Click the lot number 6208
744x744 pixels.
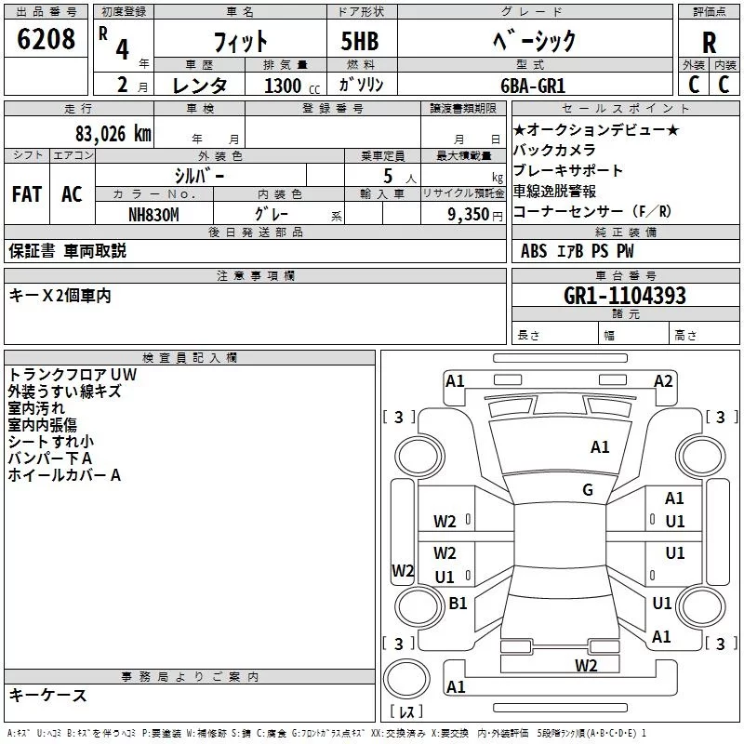click(46, 40)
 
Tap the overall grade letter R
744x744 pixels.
click(709, 43)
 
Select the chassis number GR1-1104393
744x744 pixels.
click(625, 296)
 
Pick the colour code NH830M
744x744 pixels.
click(153, 214)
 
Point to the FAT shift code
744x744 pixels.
click(26, 194)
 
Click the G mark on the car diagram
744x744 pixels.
click(588, 490)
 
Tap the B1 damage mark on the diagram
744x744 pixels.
click(458, 603)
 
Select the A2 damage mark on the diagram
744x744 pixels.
click(663, 380)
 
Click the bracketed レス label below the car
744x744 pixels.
click(406, 712)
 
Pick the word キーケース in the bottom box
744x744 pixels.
click(47, 695)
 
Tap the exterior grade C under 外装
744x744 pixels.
click(694, 84)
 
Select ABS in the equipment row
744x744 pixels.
click(534, 250)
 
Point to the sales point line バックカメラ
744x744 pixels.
click(554, 150)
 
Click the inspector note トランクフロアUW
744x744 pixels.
click(72, 375)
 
